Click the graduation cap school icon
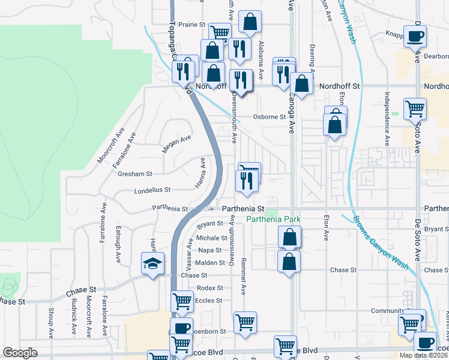click(152, 263)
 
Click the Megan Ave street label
click(177, 144)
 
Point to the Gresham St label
click(135, 173)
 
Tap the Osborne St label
click(269, 117)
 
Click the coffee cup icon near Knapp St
click(414, 37)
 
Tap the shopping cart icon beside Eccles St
click(182, 301)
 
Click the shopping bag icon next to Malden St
click(289, 262)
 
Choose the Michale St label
click(209, 238)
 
